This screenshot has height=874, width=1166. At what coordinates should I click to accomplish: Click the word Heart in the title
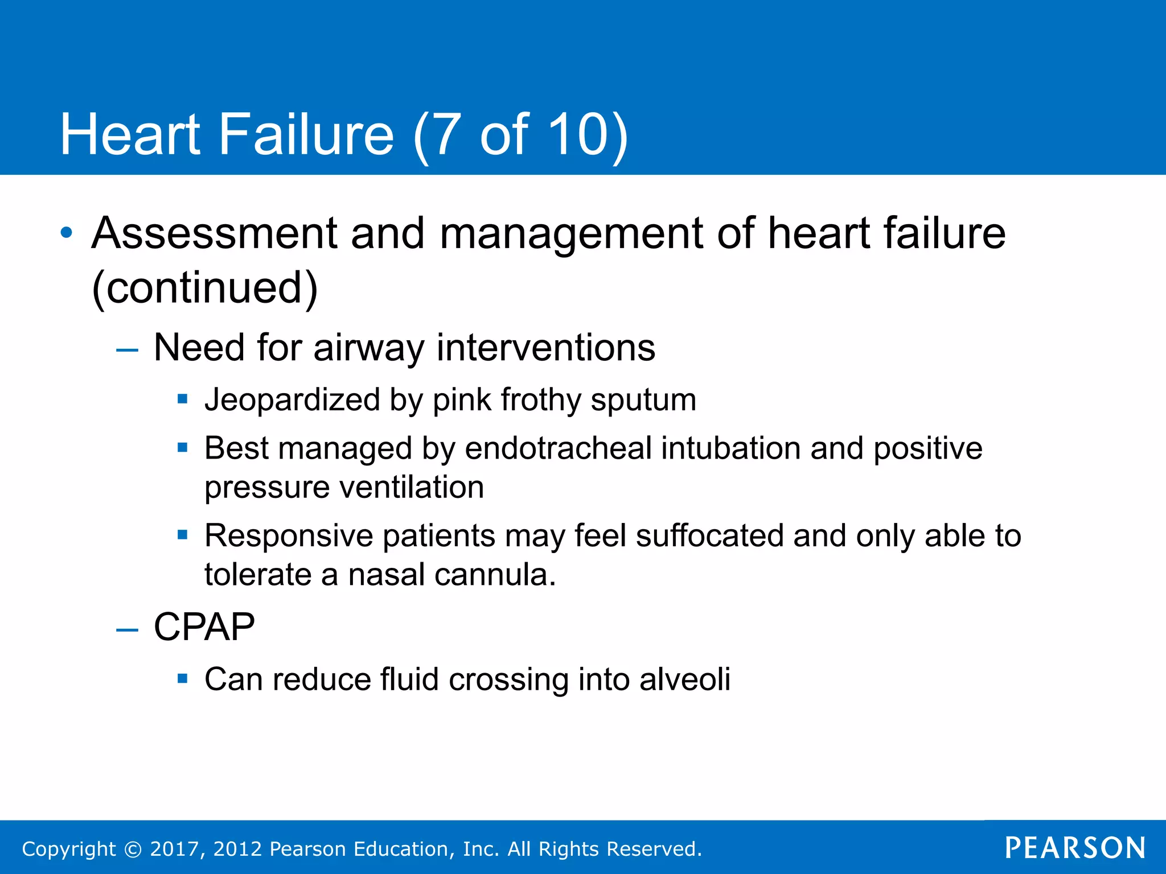(130, 134)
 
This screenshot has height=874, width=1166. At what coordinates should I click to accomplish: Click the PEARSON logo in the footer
(1075, 848)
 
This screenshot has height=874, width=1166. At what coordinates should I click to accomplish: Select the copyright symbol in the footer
(133, 849)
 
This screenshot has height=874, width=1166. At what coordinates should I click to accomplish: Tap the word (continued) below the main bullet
(204, 287)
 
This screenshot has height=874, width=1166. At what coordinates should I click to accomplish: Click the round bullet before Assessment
(67, 233)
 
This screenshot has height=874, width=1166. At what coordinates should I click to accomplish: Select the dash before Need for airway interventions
(126, 349)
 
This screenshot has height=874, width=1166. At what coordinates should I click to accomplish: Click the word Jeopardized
(292, 399)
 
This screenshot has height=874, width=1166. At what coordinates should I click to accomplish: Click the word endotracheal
(558, 448)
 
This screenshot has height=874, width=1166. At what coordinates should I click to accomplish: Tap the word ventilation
(411, 487)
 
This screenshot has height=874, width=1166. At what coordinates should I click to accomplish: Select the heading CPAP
(204, 627)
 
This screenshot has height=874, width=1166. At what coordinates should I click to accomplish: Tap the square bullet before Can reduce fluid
(182, 678)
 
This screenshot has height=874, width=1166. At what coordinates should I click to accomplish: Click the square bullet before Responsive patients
(182, 535)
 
